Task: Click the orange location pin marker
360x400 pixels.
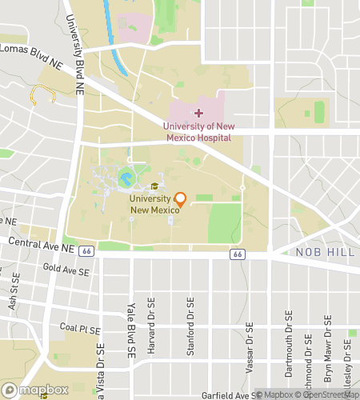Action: (180, 199)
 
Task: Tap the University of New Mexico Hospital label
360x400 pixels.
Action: (198, 131)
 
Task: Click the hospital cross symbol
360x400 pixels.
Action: (198, 114)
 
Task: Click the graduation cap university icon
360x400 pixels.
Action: (154, 186)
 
